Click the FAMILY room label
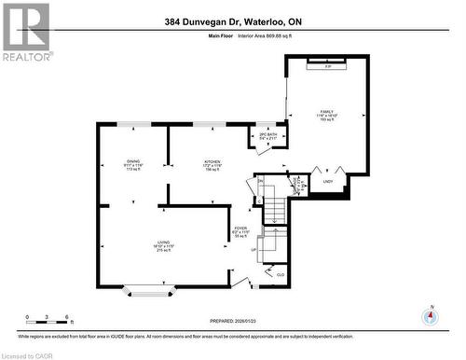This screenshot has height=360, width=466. tap(327, 112)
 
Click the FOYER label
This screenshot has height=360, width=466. tap(240, 229)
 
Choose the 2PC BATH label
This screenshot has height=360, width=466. tap(267, 135)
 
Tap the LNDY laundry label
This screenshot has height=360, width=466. tap(327, 182)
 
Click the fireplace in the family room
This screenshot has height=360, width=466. tap(327, 65)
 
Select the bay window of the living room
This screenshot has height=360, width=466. tap(149, 293)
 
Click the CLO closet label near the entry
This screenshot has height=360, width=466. tap(281, 274)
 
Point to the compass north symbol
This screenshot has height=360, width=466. tap(429, 316)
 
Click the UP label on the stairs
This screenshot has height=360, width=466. tap(254, 250)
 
